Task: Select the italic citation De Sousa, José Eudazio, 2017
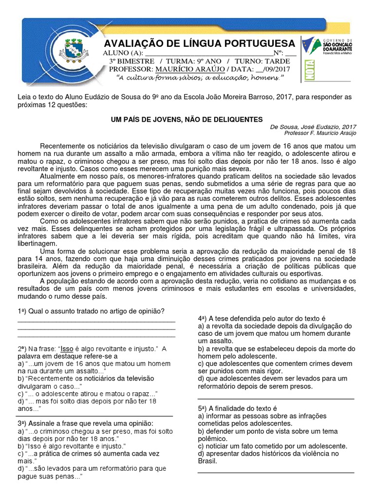[313, 127]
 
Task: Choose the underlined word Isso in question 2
[67, 349]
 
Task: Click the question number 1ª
[22, 311]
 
